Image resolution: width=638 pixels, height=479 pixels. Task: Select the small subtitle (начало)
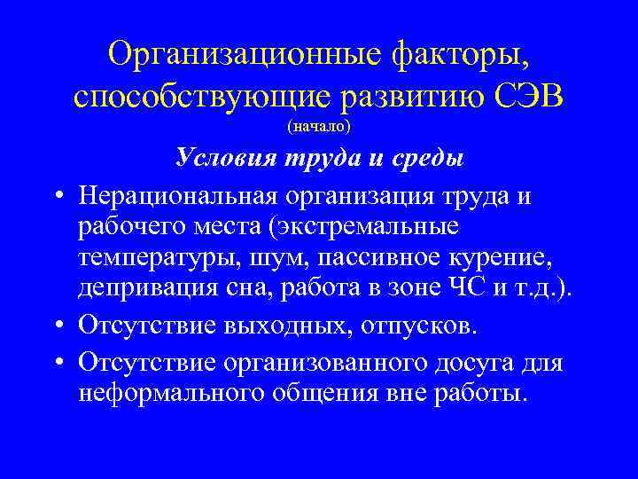tap(319, 127)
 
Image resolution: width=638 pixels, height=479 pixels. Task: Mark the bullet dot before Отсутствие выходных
tap(55, 326)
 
